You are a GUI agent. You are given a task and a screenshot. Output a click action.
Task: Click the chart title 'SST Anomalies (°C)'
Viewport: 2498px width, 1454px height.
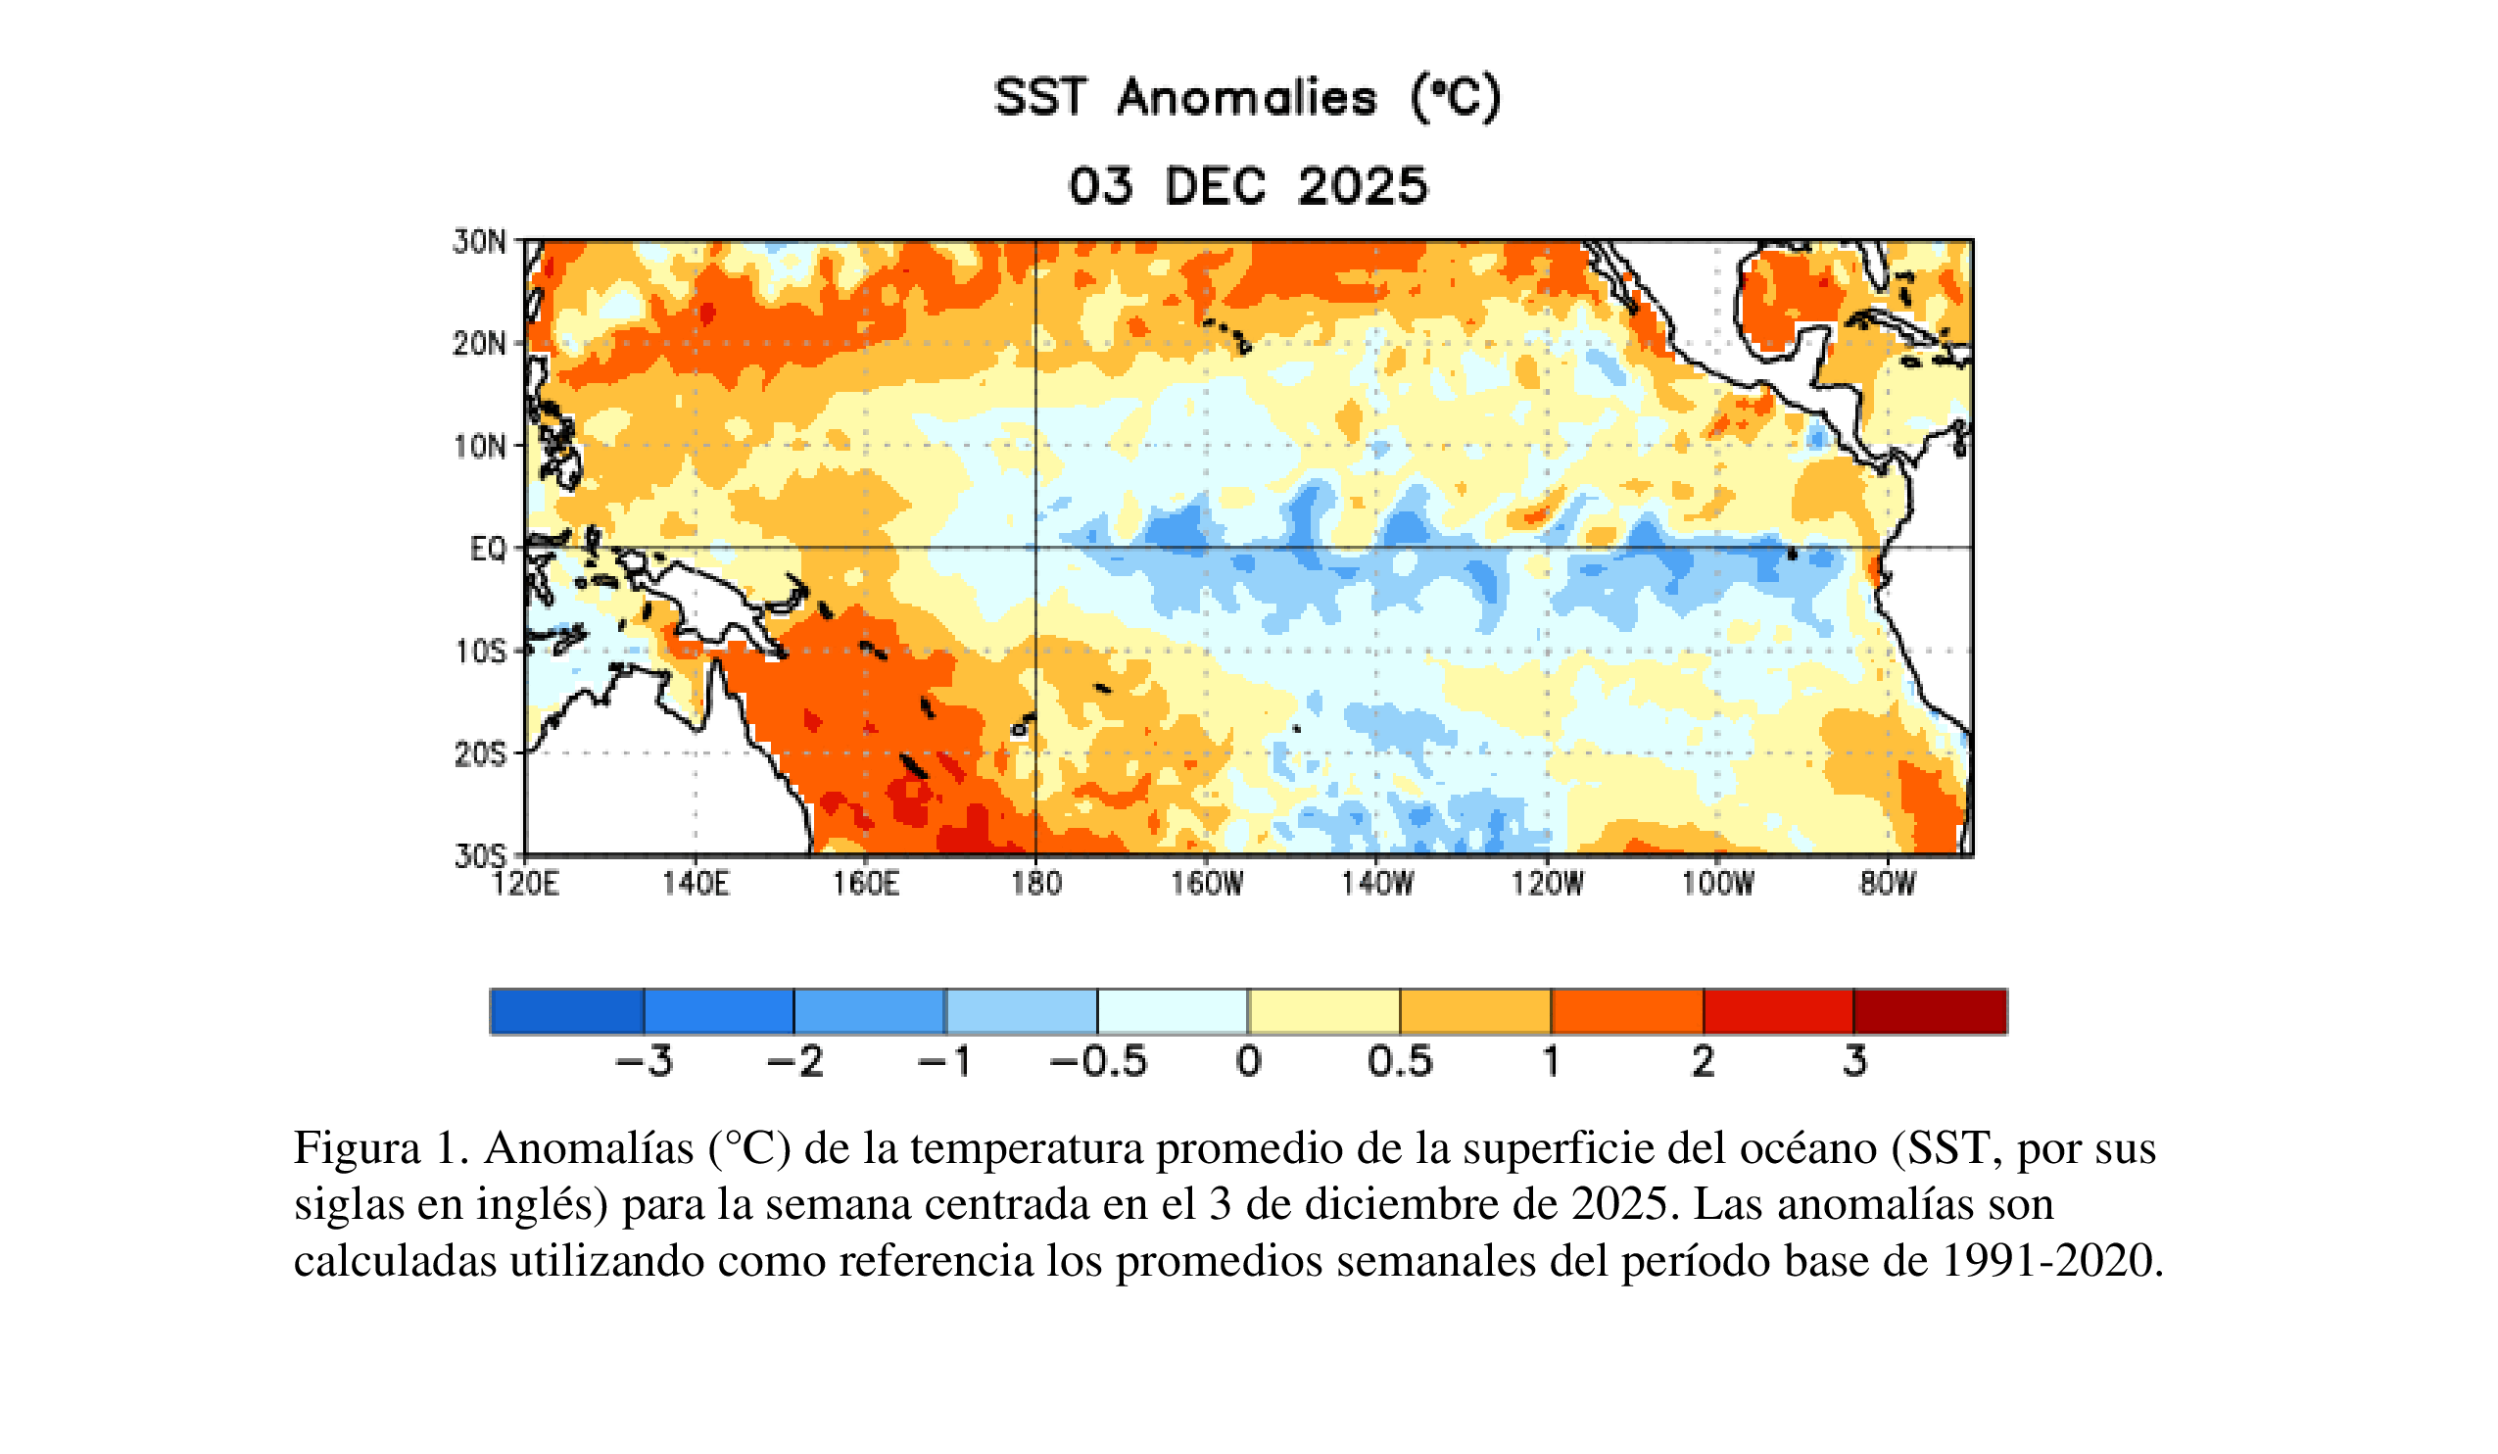pos(1247,98)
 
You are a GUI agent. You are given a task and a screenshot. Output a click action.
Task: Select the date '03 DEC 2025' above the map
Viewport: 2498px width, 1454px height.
pos(1247,186)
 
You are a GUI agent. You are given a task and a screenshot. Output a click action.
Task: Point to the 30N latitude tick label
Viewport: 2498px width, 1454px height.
pos(480,242)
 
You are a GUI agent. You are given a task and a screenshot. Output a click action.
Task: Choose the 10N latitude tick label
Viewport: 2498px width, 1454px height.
pos(480,447)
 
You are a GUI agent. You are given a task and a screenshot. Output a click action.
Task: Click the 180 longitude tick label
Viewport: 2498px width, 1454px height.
pos(1035,883)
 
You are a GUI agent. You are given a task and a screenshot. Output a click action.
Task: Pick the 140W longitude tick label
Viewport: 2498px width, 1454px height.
pos(1377,883)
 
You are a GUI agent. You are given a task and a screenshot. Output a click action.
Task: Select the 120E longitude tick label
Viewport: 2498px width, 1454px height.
pos(525,883)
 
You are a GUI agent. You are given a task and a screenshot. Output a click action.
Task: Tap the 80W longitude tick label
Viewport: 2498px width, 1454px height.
pos(1888,883)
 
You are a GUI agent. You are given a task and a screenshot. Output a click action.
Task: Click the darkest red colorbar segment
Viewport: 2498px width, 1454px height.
pos(1930,1012)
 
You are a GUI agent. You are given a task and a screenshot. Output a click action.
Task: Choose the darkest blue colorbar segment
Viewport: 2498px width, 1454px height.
pos(567,1012)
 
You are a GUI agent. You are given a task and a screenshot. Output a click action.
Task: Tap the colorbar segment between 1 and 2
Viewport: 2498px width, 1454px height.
pos(1627,1012)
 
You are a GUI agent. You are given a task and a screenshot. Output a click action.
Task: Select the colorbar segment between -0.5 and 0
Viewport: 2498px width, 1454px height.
pos(1173,1012)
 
